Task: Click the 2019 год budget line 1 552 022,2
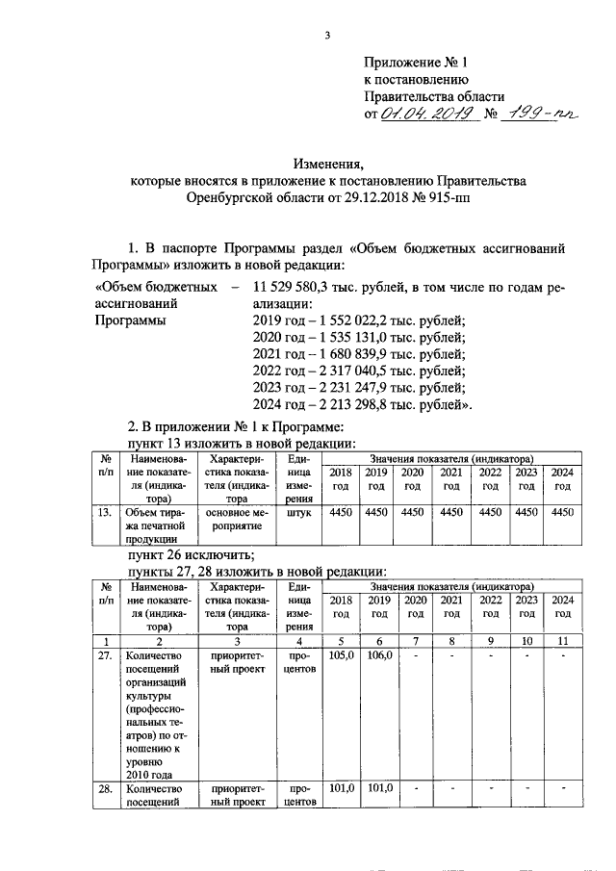pos(358,320)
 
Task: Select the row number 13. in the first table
pos(107,512)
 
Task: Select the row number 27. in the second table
pos(107,654)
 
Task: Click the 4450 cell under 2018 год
pos(341,512)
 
